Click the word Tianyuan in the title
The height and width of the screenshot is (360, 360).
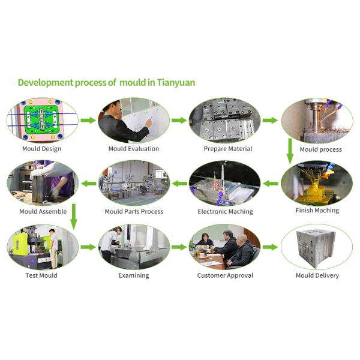176,83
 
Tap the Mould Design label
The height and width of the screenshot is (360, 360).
42,149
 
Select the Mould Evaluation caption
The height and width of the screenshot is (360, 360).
134,149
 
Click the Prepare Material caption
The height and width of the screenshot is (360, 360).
228,149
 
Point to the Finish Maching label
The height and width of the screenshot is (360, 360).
317,211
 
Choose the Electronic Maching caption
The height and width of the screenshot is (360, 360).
225,211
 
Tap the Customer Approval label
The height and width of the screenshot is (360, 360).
225,275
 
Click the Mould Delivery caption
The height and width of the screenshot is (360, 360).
317,275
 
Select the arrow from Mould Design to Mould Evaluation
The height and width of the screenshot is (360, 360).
88,120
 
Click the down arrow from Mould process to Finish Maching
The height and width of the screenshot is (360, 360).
290,151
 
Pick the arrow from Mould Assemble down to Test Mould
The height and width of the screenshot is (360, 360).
74,217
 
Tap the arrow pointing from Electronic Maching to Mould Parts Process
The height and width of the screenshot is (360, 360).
179,184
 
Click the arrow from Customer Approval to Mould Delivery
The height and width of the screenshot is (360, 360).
270,247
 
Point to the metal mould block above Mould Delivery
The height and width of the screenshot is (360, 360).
316,249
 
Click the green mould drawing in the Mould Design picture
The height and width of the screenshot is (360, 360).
42,119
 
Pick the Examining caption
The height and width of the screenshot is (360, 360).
134,275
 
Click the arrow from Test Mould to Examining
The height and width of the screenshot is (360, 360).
88,247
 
